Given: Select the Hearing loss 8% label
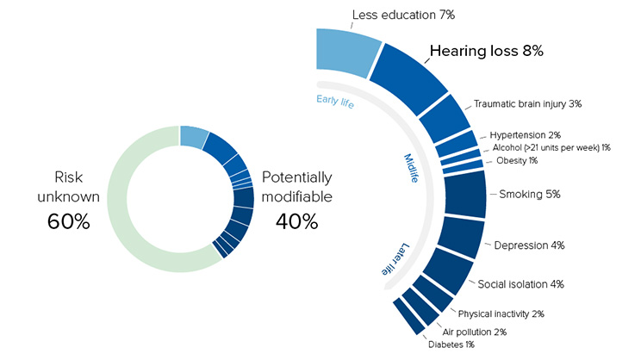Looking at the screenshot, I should [486, 52].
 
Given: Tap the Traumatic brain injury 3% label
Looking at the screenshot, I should [527, 103].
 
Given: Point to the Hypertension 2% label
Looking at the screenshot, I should [525, 134].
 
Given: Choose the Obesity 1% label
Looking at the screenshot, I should [517, 161].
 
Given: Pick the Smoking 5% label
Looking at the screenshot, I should [530, 194].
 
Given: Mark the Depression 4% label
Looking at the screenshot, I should [529, 245].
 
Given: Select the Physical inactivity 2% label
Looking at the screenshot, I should [501, 313].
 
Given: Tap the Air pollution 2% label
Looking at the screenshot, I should [474, 332].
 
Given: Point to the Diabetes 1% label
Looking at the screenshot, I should [450, 346].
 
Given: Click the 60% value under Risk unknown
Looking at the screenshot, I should [68, 221].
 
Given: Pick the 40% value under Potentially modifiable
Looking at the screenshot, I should [296, 221].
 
